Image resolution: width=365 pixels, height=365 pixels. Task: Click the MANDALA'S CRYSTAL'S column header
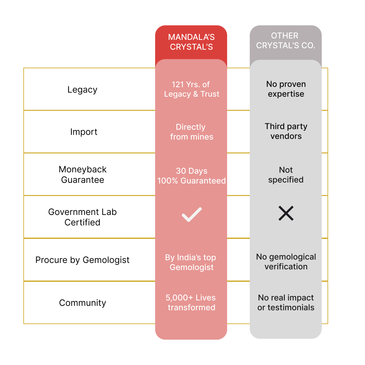(x=191, y=42)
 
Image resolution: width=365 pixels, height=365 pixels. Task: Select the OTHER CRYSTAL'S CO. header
(x=286, y=41)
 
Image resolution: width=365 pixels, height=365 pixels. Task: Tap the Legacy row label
(x=82, y=90)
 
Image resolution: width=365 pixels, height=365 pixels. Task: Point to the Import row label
(x=83, y=132)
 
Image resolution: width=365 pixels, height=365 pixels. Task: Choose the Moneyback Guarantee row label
(x=82, y=174)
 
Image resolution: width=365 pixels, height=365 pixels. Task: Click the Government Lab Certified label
(x=82, y=217)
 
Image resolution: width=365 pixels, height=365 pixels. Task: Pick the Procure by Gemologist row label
(x=82, y=260)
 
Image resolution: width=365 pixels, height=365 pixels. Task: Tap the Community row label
(x=82, y=303)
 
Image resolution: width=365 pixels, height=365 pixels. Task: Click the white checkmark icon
(x=192, y=215)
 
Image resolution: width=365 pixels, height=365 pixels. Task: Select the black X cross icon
(x=286, y=214)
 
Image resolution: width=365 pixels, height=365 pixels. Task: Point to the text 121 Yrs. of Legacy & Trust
(x=192, y=89)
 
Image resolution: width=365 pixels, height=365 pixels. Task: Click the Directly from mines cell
(x=191, y=132)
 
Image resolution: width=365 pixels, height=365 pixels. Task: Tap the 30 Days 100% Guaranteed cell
(x=191, y=176)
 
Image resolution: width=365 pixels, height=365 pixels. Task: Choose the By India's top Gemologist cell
(x=191, y=262)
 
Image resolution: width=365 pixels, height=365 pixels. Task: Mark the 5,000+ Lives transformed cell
(x=191, y=302)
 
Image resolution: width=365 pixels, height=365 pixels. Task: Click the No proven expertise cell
(x=286, y=89)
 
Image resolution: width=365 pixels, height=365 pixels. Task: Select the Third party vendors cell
(x=286, y=131)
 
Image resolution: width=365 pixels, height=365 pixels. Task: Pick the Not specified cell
(x=286, y=175)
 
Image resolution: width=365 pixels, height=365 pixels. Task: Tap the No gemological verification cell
(x=286, y=262)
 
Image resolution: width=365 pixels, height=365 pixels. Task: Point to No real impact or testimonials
(x=286, y=302)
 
